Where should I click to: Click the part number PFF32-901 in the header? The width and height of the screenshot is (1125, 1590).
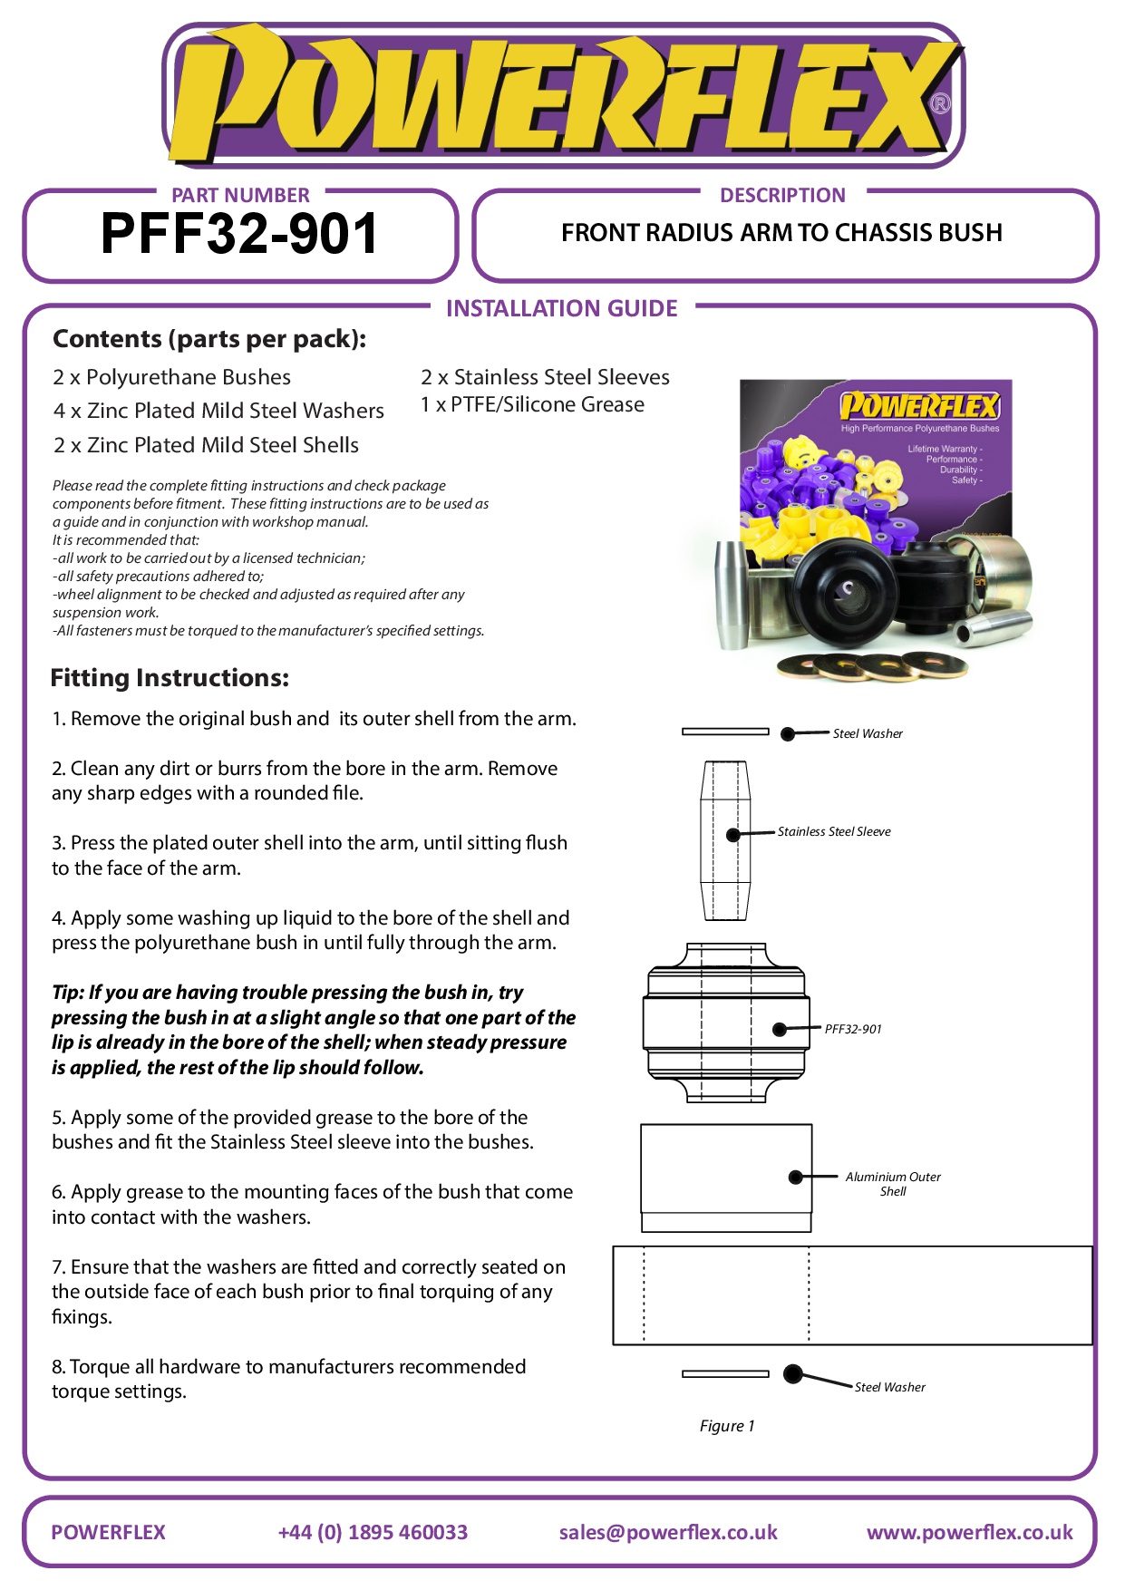click(239, 234)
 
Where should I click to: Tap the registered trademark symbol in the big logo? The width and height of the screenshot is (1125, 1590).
click(941, 103)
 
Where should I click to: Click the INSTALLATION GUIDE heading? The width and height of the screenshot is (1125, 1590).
click(561, 309)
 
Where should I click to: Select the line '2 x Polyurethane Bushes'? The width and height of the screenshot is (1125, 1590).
click(172, 377)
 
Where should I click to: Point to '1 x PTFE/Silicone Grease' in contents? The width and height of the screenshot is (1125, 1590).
click(532, 404)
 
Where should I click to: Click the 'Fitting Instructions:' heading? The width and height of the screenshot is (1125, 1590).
click(170, 678)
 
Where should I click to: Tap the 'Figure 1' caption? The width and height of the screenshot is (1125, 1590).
click(726, 1426)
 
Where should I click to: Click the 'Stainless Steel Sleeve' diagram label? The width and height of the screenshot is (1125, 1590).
click(834, 831)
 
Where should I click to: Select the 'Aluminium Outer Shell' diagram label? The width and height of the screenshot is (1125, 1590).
click(893, 1184)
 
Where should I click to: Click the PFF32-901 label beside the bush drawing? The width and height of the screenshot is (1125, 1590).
click(853, 1029)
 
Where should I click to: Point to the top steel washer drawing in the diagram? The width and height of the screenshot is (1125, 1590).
click(725, 732)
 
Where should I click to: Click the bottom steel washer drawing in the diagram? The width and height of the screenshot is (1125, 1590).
click(725, 1374)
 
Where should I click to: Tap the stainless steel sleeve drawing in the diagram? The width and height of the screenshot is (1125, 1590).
click(725, 840)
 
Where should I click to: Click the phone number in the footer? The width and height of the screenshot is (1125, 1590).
click(373, 1532)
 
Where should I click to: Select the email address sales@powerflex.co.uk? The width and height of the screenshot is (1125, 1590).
click(668, 1532)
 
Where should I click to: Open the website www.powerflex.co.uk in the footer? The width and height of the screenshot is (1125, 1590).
click(969, 1532)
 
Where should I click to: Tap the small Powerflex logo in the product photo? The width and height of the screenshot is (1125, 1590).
click(918, 405)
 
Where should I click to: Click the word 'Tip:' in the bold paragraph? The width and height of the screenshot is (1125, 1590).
click(68, 993)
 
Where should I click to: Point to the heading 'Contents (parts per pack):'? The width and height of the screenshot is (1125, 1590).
click(209, 339)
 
